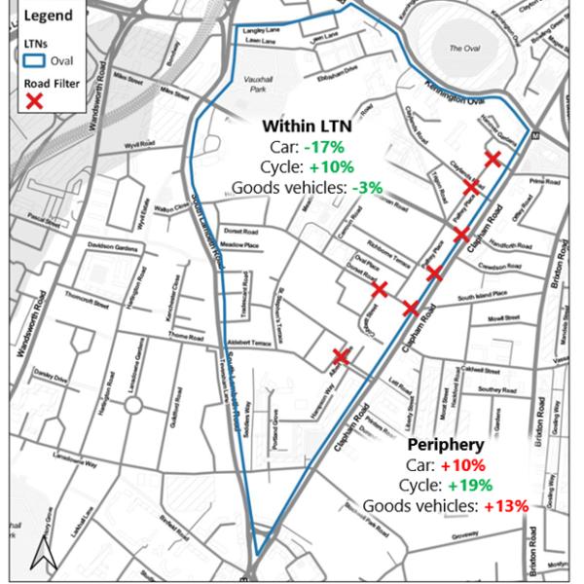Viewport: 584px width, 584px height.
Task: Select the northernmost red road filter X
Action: pos(493,159)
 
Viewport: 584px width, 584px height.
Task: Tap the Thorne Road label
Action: pos(184,337)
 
